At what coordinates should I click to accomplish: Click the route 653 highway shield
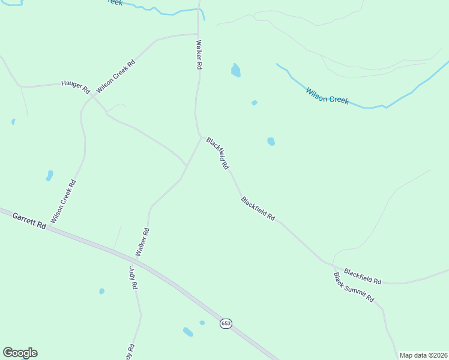coord(225,323)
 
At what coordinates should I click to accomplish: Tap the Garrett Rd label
coord(29,220)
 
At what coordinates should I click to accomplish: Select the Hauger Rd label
coord(75,86)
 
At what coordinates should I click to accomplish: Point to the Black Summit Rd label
coord(354,287)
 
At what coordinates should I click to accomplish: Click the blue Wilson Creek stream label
coord(327,95)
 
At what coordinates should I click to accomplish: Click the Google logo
coord(20,353)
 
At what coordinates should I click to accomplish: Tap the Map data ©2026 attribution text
coord(423,355)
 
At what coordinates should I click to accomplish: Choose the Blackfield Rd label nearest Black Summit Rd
coord(363,277)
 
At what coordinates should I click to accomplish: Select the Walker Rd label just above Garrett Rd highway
coord(142,242)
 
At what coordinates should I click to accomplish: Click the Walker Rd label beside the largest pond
coord(199,55)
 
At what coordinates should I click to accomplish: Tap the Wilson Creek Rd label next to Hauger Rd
coord(115,76)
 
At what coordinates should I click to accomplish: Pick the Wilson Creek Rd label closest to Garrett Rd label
coord(64,202)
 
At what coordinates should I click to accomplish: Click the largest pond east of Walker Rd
coord(236,71)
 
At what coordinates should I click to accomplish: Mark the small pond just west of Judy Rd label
coord(101,292)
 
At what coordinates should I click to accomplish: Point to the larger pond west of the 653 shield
coord(188,332)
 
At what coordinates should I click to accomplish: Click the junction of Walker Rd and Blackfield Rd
coord(201,137)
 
